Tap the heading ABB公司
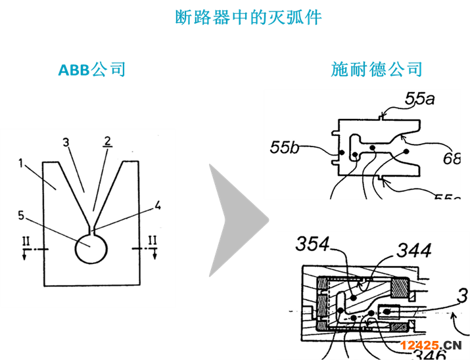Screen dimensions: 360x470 pos(92,70)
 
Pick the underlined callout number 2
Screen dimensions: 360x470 pos(106,141)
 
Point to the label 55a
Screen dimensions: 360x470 pos(420,99)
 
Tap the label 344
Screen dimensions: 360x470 pos(413,250)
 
